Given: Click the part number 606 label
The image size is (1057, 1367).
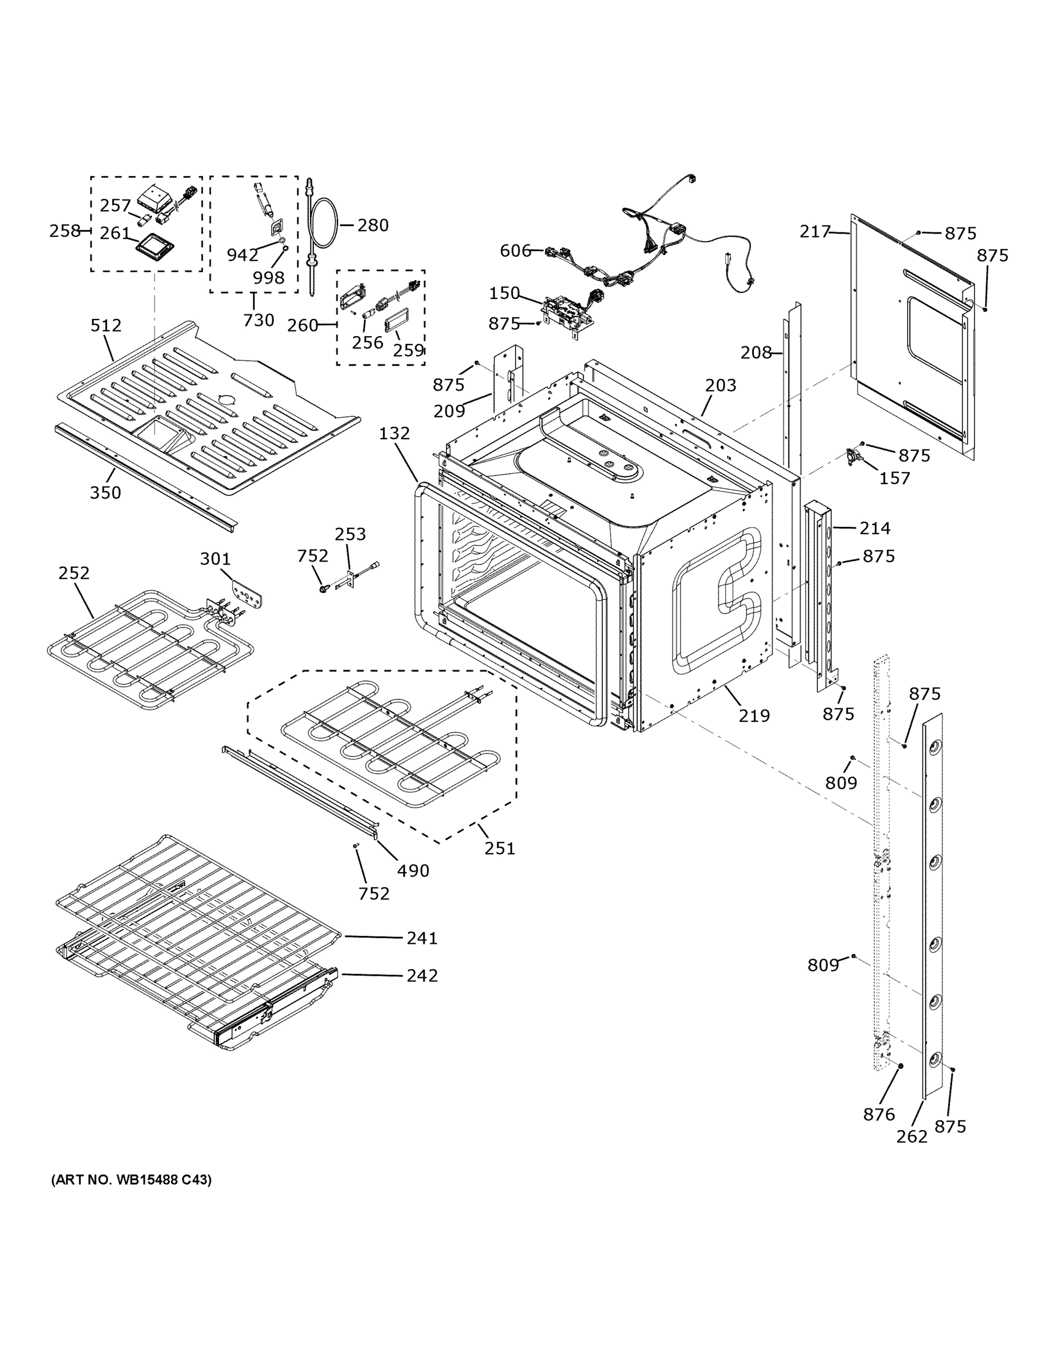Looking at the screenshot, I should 515,251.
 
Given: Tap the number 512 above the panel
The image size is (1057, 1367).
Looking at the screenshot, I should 106,325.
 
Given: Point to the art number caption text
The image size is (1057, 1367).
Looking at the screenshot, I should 132,1180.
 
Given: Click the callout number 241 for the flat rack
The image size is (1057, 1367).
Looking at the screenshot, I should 422,938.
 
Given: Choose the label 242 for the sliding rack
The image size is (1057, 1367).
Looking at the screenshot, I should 422,975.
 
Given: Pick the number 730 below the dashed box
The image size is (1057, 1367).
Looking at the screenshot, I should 259,321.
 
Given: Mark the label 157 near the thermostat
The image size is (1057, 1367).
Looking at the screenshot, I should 894,478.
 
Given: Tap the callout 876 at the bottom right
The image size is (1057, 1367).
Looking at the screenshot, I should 879,1114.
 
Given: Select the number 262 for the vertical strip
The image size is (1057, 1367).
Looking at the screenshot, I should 911,1136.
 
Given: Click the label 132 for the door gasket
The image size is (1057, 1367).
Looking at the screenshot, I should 394,433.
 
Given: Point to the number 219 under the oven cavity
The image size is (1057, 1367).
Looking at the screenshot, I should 754,715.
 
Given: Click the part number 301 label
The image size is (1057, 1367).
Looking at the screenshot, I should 215,558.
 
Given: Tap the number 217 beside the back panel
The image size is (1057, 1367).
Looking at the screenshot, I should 815,232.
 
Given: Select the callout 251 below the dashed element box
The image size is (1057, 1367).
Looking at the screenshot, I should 499,849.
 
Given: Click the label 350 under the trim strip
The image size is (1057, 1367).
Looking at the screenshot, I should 105,493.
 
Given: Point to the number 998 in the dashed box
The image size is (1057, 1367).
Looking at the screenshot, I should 268,278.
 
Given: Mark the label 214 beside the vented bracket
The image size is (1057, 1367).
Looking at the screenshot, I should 874,528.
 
